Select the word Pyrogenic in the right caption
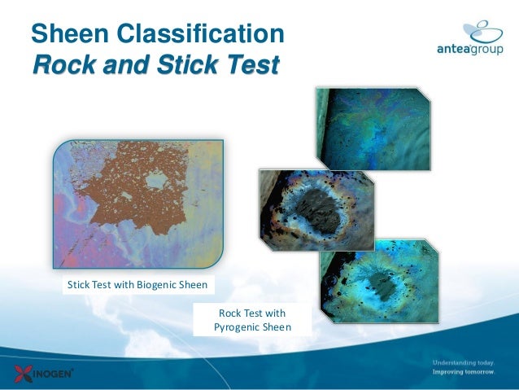[x=236, y=327]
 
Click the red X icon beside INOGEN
[x=22, y=374]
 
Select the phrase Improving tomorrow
[x=463, y=371]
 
